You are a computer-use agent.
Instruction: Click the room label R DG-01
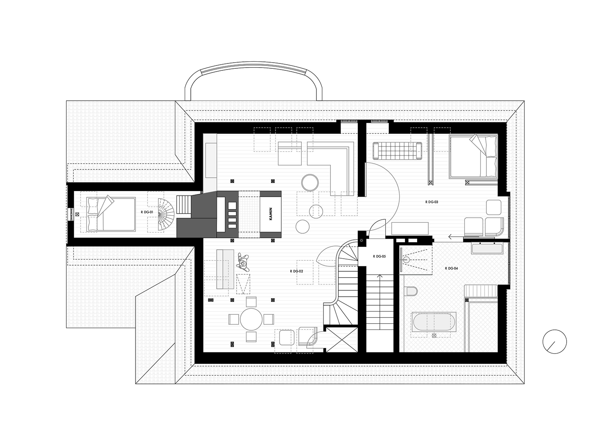147,212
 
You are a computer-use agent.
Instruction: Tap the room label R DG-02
296,271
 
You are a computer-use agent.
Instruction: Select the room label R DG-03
432,202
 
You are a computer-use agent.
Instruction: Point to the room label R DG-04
452,268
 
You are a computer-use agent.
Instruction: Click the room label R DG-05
379,256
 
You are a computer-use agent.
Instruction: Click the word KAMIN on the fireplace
271,214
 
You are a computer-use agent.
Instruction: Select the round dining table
251,319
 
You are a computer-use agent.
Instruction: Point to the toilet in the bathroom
411,291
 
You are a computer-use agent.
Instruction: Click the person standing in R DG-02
243,262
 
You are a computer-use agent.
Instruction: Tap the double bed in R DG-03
473,157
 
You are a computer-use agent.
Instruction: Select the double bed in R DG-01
111,214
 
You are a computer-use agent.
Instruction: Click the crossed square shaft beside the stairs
342,340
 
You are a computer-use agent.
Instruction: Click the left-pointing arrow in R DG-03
456,237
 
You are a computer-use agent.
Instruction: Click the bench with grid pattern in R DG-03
397,151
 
